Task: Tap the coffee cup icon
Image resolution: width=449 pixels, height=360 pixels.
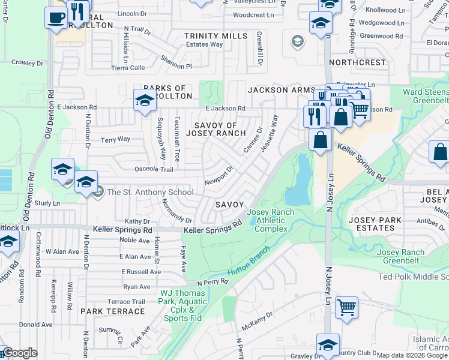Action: click(56, 17)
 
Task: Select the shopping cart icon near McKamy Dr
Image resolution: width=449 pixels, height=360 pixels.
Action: click(346, 308)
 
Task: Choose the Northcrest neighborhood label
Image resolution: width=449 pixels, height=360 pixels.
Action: click(357, 62)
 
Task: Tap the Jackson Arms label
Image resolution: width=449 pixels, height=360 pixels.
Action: click(277, 89)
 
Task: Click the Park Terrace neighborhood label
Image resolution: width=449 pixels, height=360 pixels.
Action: click(113, 311)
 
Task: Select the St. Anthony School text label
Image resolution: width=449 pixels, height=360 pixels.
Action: click(149, 193)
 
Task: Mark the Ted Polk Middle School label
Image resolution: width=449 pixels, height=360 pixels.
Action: click(414, 277)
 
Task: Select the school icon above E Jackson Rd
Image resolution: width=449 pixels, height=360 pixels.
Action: click(145, 100)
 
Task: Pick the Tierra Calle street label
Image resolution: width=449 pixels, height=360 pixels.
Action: click(128, 68)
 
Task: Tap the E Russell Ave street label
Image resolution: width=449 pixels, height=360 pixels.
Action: click(140, 271)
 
